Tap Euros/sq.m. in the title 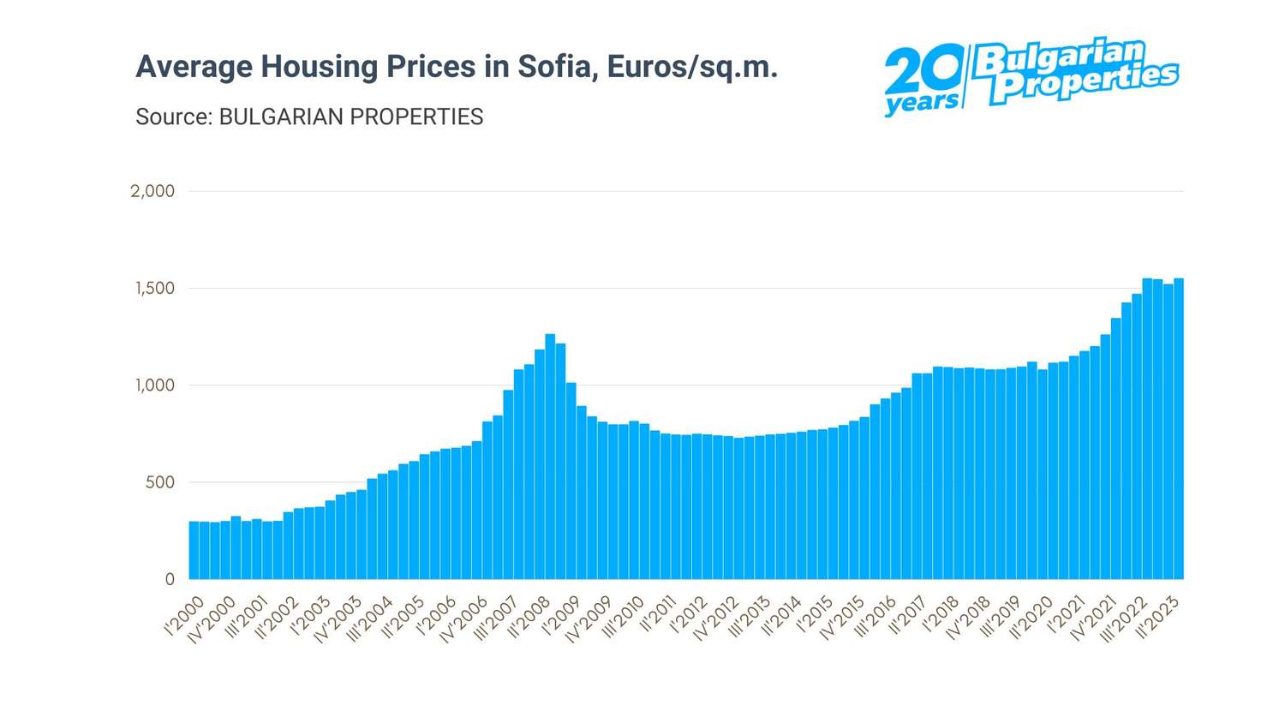click(x=692, y=67)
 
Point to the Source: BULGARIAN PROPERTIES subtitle click(x=309, y=117)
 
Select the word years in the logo click(x=921, y=103)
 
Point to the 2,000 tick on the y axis click(x=152, y=191)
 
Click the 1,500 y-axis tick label click(x=155, y=289)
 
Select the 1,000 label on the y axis click(x=155, y=385)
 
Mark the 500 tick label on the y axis click(x=159, y=482)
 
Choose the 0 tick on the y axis click(x=170, y=580)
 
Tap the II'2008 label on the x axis click(x=529, y=617)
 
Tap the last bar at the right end click(x=1179, y=428)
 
